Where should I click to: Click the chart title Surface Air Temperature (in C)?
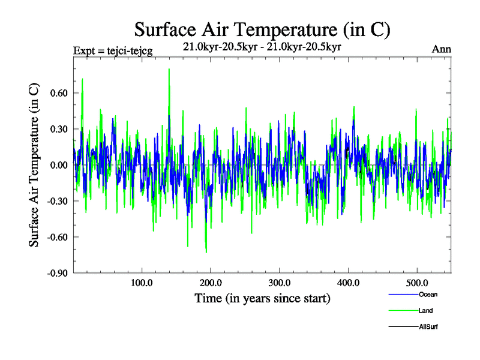262,29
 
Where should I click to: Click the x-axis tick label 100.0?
142,283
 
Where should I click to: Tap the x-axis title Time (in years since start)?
262,298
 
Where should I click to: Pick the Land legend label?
425,310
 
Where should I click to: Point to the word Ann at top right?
441,49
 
